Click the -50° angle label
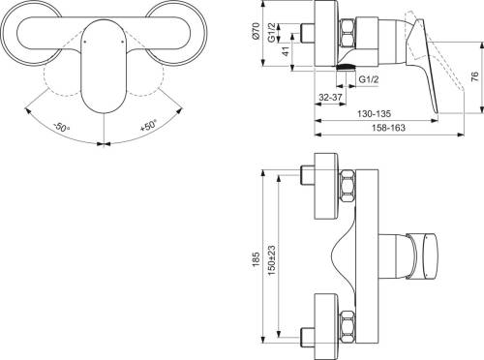(x=61, y=127)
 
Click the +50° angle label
(x=149, y=125)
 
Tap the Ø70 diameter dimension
(x=256, y=31)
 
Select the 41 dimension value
(x=287, y=51)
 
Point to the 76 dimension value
(x=474, y=77)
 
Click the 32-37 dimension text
(x=330, y=97)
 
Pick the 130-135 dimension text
(x=374, y=113)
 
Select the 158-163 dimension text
(x=388, y=128)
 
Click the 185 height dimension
(x=256, y=259)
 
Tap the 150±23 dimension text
(x=271, y=260)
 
